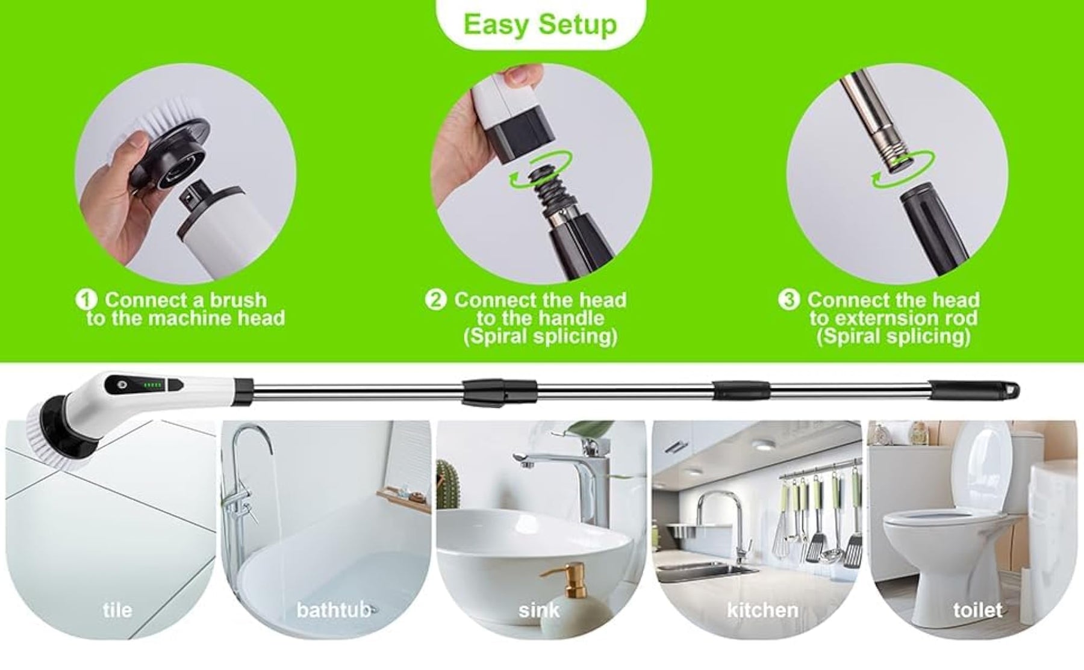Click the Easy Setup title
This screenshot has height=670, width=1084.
[x=540, y=25]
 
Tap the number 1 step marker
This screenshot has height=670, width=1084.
[x=86, y=299]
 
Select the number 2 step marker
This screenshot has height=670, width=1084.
[x=435, y=299]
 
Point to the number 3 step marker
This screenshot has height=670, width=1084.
[x=789, y=299]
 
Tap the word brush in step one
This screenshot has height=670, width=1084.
[x=238, y=300]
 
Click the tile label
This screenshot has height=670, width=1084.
[x=117, y=610]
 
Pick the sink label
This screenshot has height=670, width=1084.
[x=539, y=610]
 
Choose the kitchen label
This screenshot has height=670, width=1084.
[x=762, y=610]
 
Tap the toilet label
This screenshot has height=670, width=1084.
[x=977, y=610]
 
